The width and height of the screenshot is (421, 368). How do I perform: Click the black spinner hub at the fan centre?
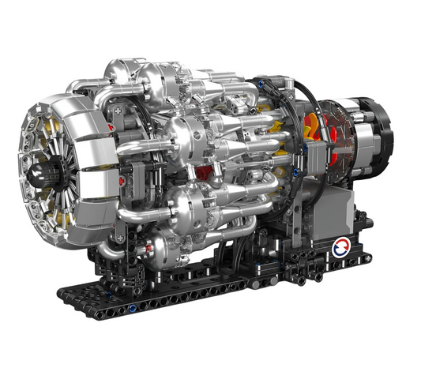point(39,170)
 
